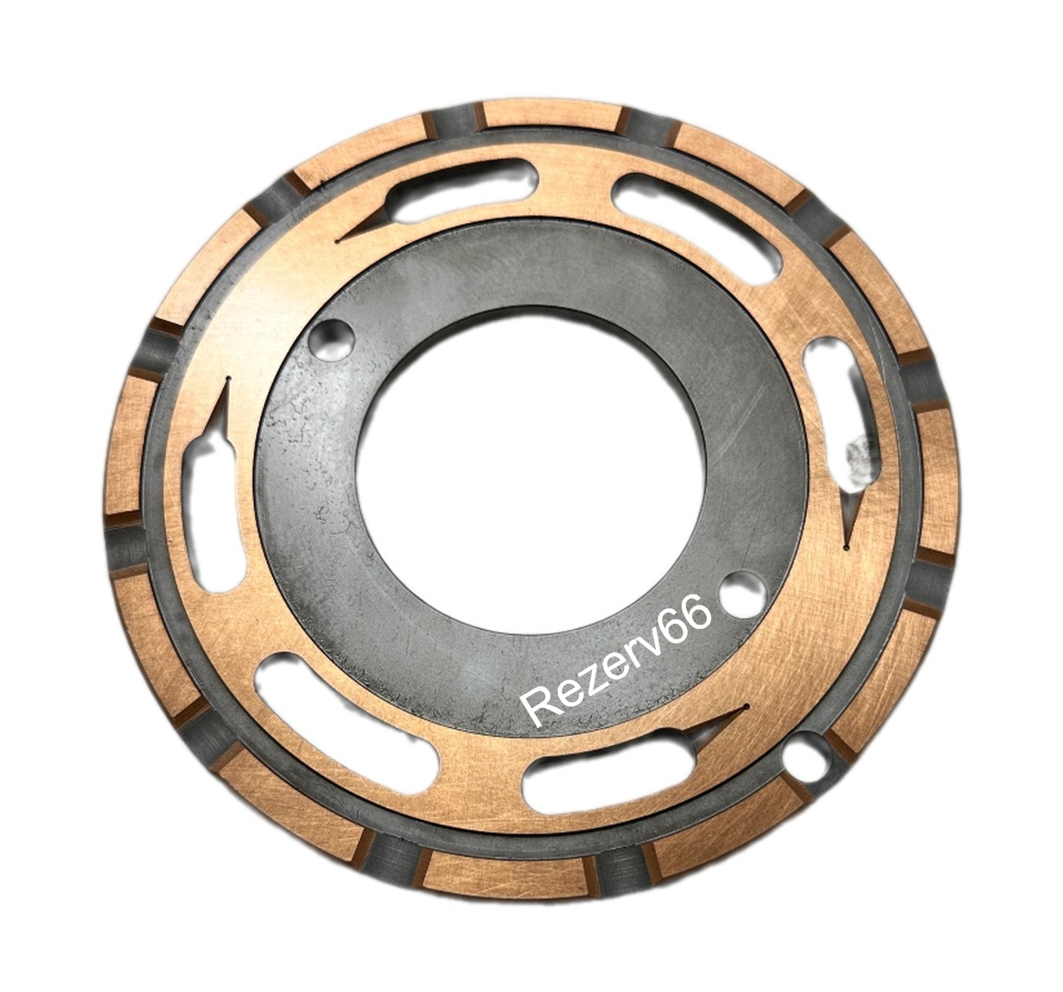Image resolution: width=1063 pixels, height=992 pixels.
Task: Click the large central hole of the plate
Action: click(x=531, y=481)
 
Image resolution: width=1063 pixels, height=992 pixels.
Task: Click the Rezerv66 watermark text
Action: click(x=618, y=662)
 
